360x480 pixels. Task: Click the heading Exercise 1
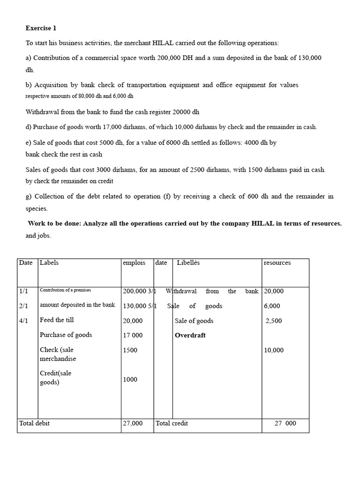pos(41,28)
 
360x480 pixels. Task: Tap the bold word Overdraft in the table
pos(190,335)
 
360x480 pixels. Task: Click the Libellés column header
pos(188,262)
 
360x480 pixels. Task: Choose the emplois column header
pos(134,262)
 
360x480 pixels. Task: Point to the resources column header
pos(277,262)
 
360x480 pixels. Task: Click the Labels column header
pos(49,262)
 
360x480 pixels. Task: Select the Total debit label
pos(34,423)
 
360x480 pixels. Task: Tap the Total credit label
pos(172,423)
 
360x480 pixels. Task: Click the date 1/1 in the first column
pos(23,291)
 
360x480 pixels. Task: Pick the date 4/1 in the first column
pos(23,320)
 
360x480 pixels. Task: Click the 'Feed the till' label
pos(57,320)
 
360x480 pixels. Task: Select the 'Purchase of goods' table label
pos(66,335)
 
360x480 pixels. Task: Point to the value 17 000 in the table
pos(133,336)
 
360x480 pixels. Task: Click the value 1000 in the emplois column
pos(130,380)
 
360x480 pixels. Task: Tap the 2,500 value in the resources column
pos(274,321)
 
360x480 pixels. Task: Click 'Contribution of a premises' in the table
pos(65,291)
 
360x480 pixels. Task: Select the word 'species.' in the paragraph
pos(37,209)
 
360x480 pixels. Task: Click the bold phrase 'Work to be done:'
pos(54,224)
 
